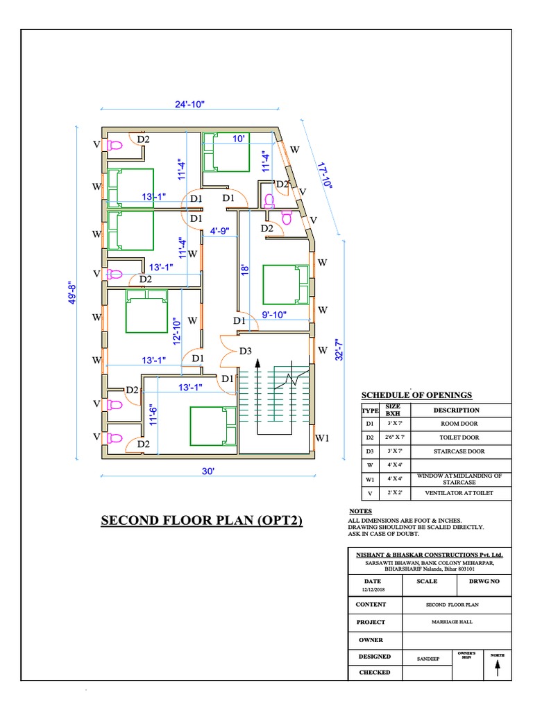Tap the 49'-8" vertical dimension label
pos(73,297)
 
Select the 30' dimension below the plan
pos(208,471)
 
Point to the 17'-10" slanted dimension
pos(324,175)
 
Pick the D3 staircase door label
pos(245,352)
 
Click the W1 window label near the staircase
pos(322,438)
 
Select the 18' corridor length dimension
pos(244,269)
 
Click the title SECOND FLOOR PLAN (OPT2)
pos(202,520)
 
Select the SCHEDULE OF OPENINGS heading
pos(416,395)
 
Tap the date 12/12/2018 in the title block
pos(373,589)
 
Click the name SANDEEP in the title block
pos(428,656)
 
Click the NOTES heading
pos(361,511)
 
